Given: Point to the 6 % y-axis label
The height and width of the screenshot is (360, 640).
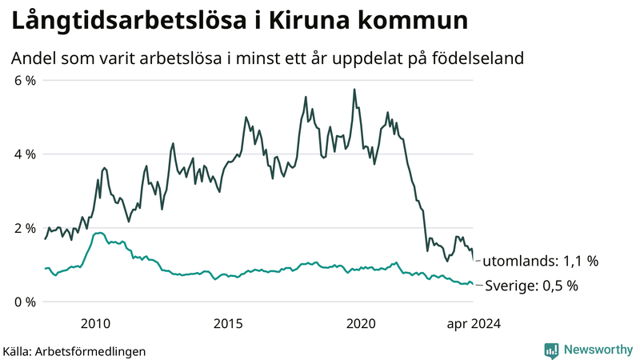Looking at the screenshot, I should click(25, 80).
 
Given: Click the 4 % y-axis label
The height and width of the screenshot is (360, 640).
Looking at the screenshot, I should click(25, 154).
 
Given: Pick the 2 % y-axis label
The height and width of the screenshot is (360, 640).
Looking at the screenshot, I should click(25, 228).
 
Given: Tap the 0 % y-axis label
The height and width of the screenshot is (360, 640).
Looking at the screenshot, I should click(25, 302).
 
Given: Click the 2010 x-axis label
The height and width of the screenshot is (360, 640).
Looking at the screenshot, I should click(96, 322).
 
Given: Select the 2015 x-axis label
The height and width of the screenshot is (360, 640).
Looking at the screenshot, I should click(228, 322).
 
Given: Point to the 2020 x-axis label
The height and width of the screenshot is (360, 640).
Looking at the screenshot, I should click(361, 322).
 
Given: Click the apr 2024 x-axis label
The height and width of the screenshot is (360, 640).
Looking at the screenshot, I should click(472, 322).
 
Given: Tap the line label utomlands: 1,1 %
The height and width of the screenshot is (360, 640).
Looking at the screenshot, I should click(541, 261).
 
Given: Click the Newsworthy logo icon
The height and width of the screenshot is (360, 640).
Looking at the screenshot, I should click(551, 350).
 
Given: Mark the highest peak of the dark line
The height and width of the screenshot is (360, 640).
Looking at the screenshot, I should click(354, 90).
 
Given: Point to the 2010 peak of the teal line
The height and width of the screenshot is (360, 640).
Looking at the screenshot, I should click(99, 233).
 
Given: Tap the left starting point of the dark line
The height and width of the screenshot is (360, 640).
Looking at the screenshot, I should click(45, 239).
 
